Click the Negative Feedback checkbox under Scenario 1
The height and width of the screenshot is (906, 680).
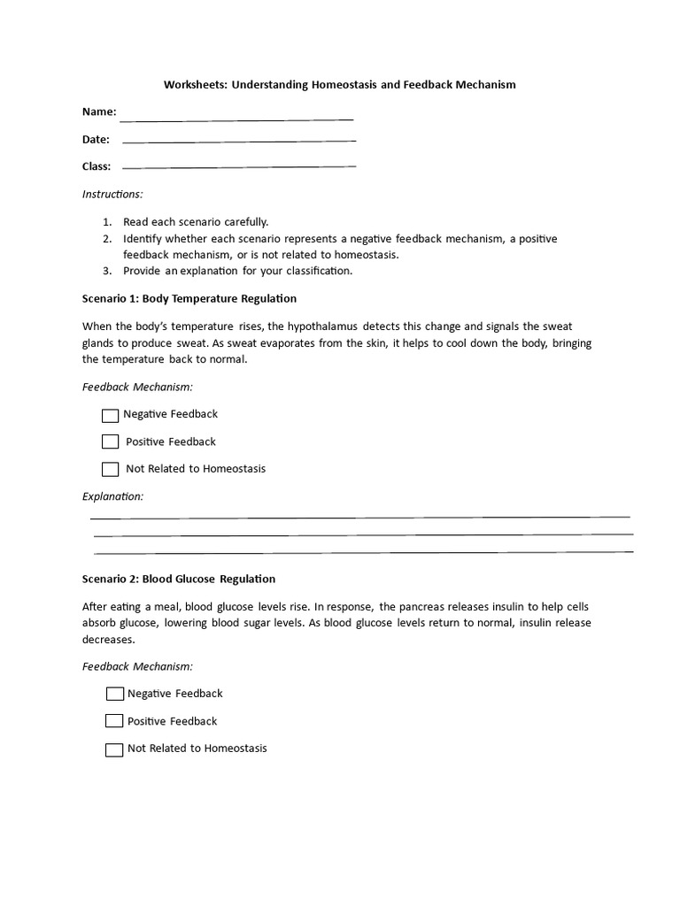(110, 415)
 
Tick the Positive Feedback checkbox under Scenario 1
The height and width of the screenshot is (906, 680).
(110, 441)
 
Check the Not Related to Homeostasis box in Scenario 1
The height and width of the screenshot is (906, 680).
(110, 469)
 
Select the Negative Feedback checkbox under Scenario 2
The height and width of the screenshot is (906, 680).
(114, 695)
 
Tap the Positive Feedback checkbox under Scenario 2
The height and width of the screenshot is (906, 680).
(114, 721)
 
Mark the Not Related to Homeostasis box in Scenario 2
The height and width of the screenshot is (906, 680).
(114, 749)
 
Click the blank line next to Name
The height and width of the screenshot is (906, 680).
(236, 118)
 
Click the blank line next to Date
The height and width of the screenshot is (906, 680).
(238, 140)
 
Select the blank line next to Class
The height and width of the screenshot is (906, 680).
(238, 165)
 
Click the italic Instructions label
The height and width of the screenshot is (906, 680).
(112, 194)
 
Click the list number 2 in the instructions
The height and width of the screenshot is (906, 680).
(106, 239)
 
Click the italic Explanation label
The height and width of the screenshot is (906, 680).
(112, 496)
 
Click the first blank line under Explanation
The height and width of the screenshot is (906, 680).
(359, 516)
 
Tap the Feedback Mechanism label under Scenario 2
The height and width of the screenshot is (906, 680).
(137, 666)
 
